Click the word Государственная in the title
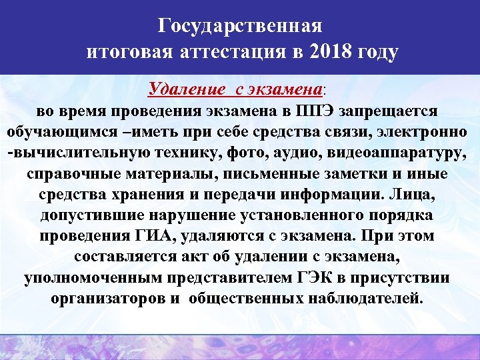tap(240, 26)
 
